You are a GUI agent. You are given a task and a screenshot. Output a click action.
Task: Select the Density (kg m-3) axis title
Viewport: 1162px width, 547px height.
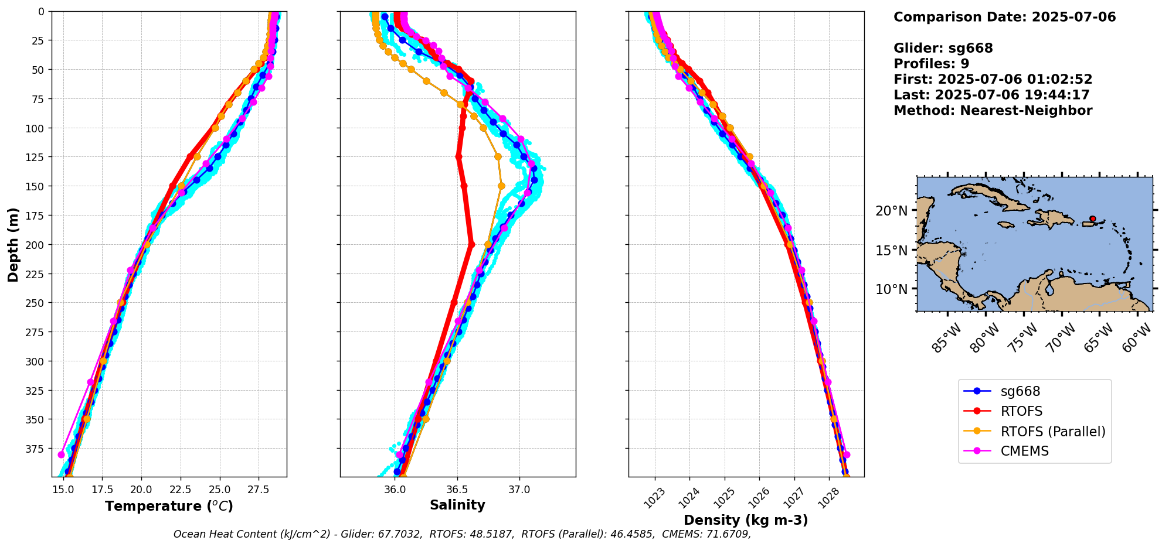tap(746, 520)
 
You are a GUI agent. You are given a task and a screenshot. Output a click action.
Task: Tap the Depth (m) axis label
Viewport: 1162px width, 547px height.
tap(13, 244)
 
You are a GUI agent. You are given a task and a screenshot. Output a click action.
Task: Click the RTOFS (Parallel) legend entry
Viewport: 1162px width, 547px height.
tap(1052, 432)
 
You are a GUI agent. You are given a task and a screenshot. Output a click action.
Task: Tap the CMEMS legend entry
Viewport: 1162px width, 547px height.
tap(1024, 452)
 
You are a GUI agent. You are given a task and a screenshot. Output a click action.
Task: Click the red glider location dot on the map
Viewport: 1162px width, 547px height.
tap(1092, 218)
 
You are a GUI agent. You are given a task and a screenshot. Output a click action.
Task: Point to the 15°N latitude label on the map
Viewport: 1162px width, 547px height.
tap(891, 251)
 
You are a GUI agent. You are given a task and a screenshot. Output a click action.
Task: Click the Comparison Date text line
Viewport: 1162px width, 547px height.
tap(1004, 17)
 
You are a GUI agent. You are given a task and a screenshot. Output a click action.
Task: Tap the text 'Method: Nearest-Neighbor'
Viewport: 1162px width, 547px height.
tap(993, 111)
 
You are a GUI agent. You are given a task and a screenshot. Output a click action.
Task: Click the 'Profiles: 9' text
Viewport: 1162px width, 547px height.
tap(931, 64)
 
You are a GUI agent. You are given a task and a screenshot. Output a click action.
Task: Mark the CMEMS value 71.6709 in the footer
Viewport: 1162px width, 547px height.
tap(726, 534)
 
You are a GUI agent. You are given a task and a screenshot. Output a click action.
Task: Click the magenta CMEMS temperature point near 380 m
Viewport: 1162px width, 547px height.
tap(62, 454)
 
